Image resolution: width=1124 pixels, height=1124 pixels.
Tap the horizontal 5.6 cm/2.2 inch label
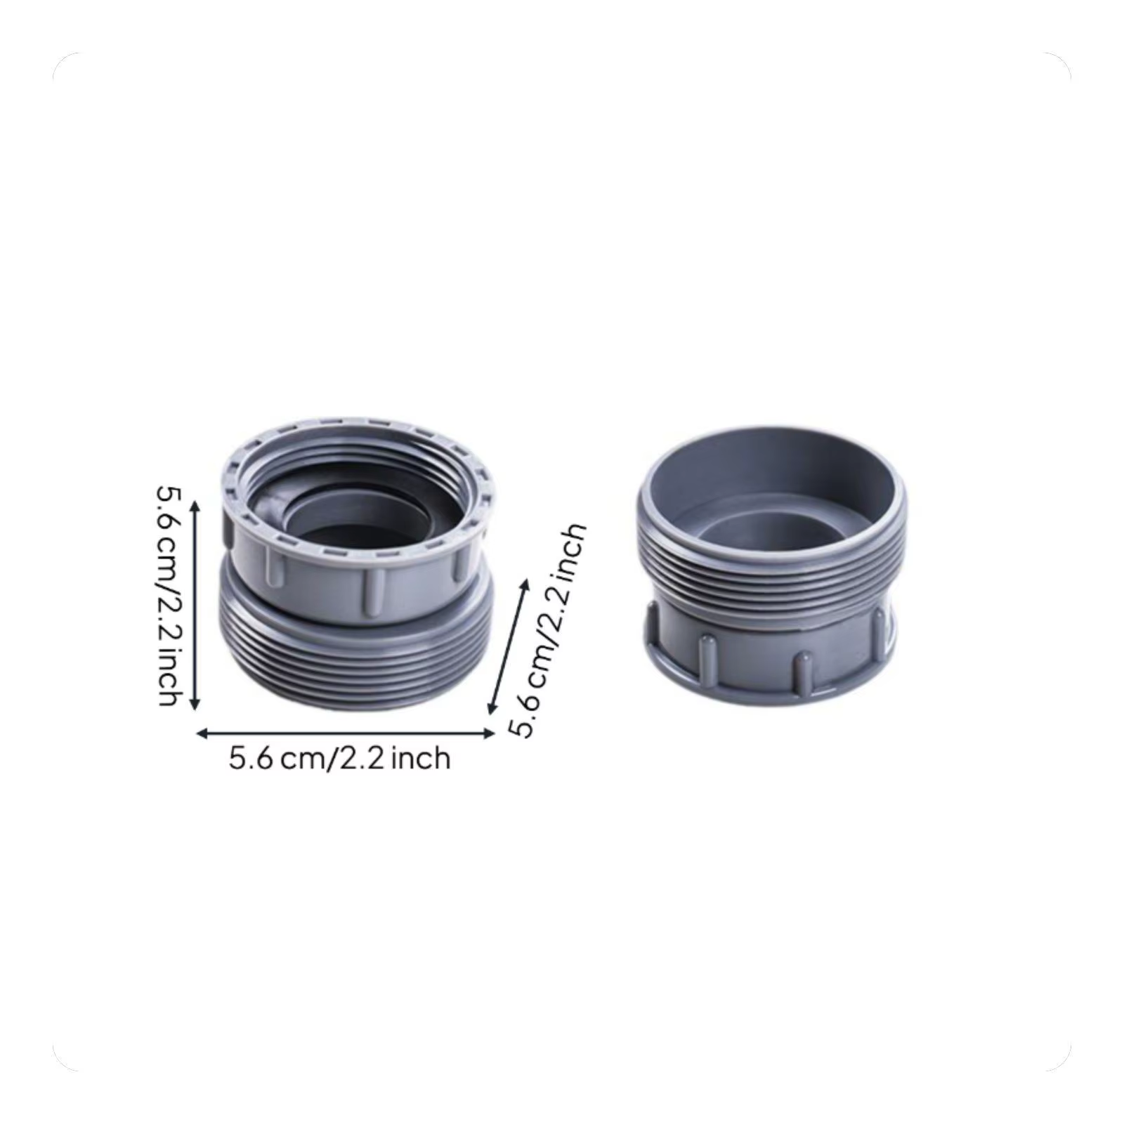click(339, 758)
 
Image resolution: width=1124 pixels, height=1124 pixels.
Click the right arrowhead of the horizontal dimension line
click(488, 733)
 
